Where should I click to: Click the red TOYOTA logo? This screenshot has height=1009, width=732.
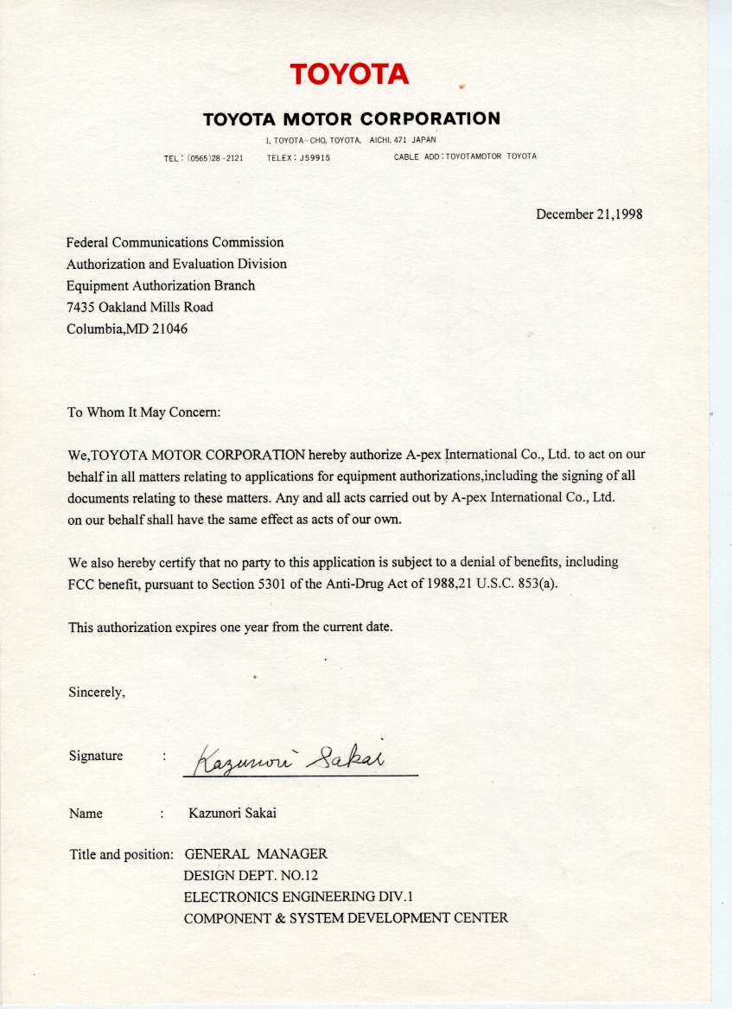[x=349, y=74]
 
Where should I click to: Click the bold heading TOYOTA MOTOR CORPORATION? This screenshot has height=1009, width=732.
[x=351, y=118]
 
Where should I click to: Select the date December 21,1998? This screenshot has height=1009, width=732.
[x=589, y=214]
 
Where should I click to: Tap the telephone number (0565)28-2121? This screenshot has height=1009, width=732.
[x=214, y=158]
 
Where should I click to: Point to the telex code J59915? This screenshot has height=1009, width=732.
[x=315, y=158]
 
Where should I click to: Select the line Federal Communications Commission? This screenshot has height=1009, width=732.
[x=175, y=243]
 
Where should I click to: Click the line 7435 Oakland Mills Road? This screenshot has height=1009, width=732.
[x=139, y=307]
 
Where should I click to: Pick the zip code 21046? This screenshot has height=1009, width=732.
[x=170, y=329]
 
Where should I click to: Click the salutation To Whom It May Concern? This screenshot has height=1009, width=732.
[x=143, y=412]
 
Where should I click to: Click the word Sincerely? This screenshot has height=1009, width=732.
[x=97, y=692]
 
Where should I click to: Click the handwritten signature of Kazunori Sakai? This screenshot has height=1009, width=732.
[x=286, y=760]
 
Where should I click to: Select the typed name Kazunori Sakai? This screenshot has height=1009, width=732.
[x=232, y=814]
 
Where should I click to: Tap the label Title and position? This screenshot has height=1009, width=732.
[x=121, y=854]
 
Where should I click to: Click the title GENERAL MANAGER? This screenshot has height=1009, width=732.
[x=256, y=854]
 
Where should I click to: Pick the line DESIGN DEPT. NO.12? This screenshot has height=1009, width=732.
[x=251, y=875]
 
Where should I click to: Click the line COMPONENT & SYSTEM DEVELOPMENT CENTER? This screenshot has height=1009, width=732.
[x=346, y=918]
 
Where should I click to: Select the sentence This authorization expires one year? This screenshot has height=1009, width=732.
[x=230, y=628]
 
